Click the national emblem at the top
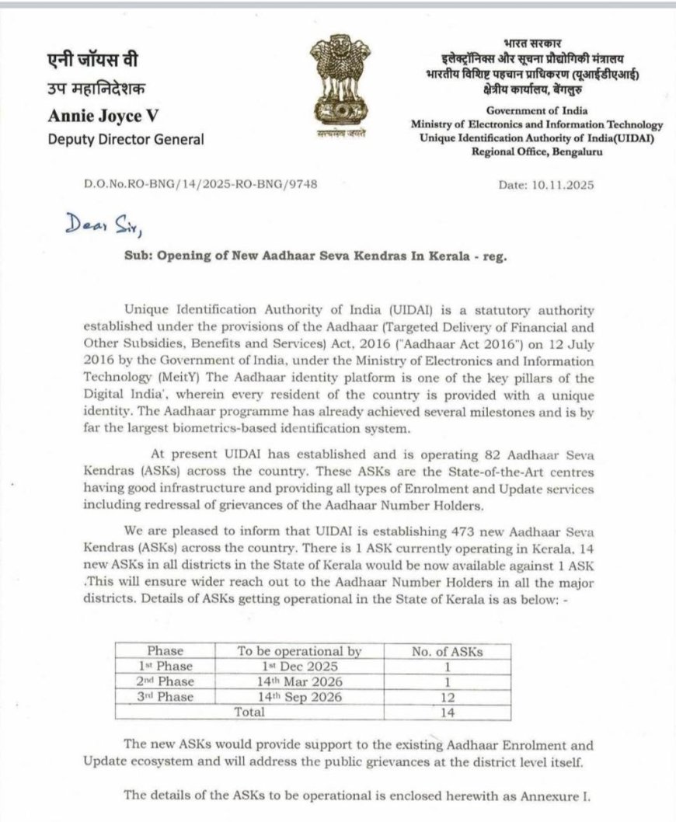333,88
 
